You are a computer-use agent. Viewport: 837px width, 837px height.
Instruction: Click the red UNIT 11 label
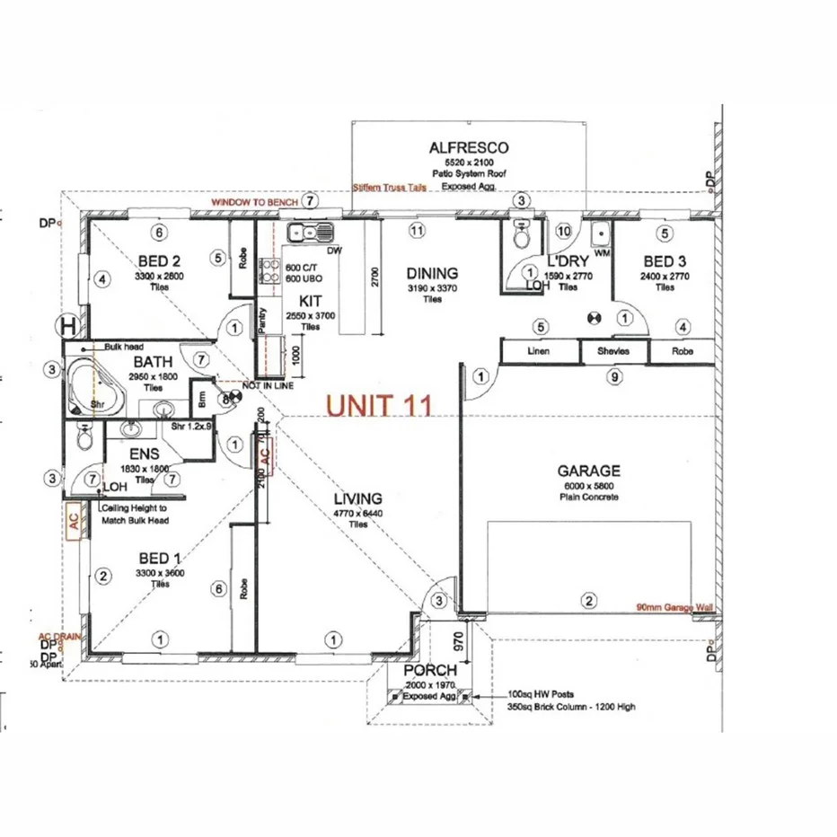[379, 405]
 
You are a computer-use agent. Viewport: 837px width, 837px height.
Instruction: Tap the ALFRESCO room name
[469, 147]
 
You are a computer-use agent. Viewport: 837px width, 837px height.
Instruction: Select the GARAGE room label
[588, 470]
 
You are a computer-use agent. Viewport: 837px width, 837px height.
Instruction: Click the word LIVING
[358, 498]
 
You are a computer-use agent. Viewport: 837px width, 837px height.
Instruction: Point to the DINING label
[432, 273]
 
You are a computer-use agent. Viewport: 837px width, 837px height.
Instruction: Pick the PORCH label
[430, 670]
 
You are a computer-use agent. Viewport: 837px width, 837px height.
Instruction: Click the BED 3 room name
[665, 261]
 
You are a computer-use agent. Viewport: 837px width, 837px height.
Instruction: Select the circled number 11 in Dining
[416, 230]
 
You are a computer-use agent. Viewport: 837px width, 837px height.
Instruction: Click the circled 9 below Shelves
[614, 377]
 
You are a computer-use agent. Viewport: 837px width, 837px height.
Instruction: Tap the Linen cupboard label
[539, 351]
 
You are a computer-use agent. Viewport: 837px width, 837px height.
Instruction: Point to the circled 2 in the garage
[589, 601]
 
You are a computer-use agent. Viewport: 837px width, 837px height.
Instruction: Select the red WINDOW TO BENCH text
[254, 204]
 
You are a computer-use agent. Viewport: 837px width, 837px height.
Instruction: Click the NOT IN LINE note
[268, 385]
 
